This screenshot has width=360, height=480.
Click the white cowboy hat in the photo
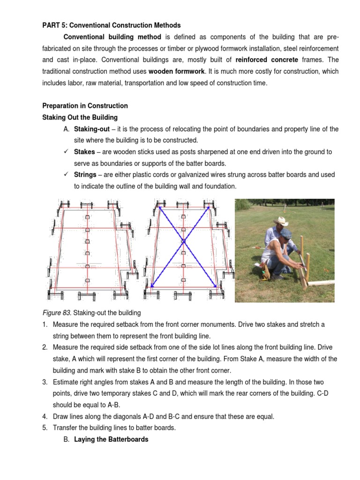(281, 221)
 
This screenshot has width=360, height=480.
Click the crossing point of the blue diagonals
(184, 242)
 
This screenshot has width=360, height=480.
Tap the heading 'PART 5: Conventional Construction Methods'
(112, 25)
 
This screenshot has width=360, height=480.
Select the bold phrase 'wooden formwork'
(177, 72)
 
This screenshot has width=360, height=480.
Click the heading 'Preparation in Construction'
(85, 105)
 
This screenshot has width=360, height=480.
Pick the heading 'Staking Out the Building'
(80, 117)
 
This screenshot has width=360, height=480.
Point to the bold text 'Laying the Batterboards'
(111, 439)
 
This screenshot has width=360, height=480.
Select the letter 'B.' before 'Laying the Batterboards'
(67, 439)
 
